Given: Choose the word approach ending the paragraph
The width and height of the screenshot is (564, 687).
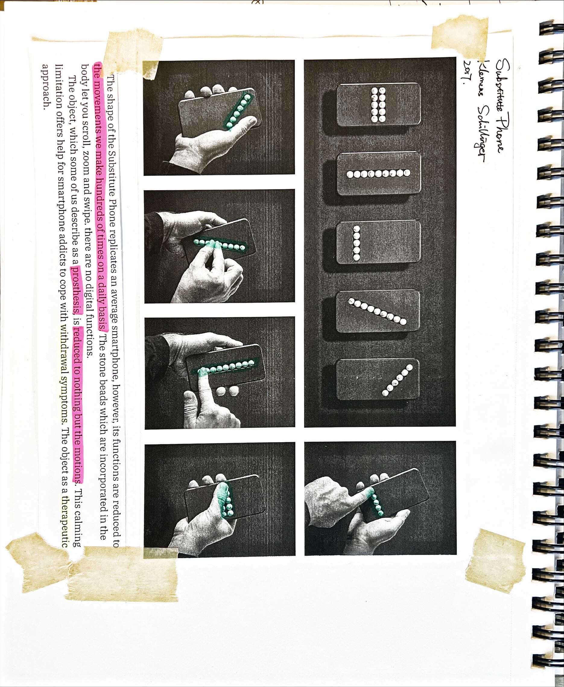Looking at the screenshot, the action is click(x=48, y=85).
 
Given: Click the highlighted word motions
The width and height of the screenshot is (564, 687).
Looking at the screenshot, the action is click(x=77, y=462).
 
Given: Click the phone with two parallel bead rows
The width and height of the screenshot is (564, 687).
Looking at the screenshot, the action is click(x=379, y=104).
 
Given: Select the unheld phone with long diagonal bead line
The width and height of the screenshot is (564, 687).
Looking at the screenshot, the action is click(x=378, y=311).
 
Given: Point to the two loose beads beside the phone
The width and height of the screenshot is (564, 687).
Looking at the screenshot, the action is click(x=228, y=391).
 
